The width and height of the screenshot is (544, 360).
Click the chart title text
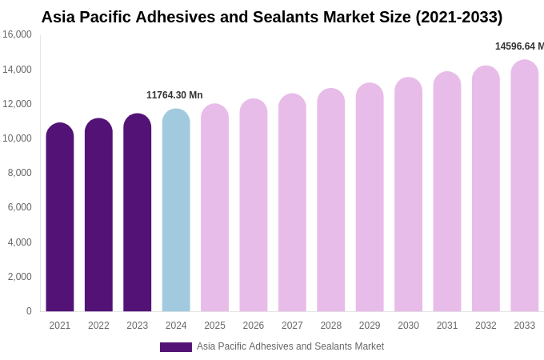tap(272, 17)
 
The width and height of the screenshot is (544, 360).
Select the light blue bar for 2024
tap(176, 212)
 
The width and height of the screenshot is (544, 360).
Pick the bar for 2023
tap(138, 214)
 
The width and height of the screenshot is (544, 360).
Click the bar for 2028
tap(331, 201)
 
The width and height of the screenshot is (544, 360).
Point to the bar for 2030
tap(408, 195)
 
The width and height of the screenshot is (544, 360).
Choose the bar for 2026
tap(254, 206)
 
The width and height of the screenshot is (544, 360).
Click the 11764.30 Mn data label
tap(174, 95)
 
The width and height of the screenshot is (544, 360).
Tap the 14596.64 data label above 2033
tap(519, 46)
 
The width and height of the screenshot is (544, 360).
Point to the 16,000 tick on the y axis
tap(17, 34)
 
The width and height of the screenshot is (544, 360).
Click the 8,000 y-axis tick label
tap(19, 173)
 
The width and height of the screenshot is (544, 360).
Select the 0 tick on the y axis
tap(29, 311)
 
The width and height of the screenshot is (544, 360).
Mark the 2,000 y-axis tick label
tap(19, 277)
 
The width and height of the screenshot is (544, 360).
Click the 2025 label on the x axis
tap(214, 326)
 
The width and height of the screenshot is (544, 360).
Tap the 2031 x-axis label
tap(447, 326)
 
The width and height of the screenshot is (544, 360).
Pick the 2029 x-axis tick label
tap(370, 326)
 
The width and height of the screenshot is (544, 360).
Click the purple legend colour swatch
tap(176, 347)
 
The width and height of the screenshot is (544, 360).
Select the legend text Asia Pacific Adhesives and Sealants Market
tap(290, 346)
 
